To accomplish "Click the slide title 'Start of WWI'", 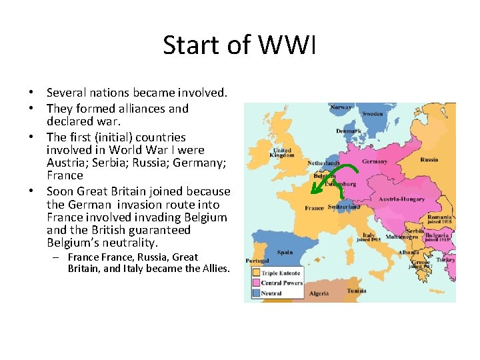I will coord(239,45).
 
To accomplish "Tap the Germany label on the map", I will coord(375,161).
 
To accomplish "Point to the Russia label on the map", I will coord(429,159).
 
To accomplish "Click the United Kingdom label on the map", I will coord(282,153).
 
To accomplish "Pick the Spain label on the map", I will coord(285,252).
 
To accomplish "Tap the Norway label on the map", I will coord(341,107).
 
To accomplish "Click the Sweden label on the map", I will coord(373,114).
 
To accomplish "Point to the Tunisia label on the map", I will coord(357,291).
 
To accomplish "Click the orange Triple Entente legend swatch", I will coord(255,273).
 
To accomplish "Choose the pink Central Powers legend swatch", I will coord(255,283).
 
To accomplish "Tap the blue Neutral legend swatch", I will coord(255,293).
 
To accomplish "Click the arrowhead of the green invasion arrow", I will coord(315,191).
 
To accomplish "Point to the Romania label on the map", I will coord(441,217).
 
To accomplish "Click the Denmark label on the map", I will coord(348,131).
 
